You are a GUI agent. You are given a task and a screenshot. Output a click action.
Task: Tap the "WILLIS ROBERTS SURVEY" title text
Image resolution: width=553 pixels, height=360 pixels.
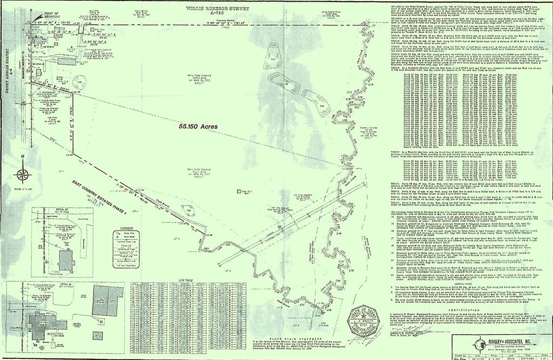point(210,9)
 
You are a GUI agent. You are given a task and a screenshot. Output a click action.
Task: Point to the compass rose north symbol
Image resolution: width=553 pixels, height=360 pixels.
point(22,174)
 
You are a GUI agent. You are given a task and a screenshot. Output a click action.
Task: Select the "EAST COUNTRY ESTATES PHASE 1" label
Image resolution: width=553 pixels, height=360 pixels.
point(102,195)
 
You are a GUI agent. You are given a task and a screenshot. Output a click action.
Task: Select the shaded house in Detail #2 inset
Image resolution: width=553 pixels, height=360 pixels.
point(66,260)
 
